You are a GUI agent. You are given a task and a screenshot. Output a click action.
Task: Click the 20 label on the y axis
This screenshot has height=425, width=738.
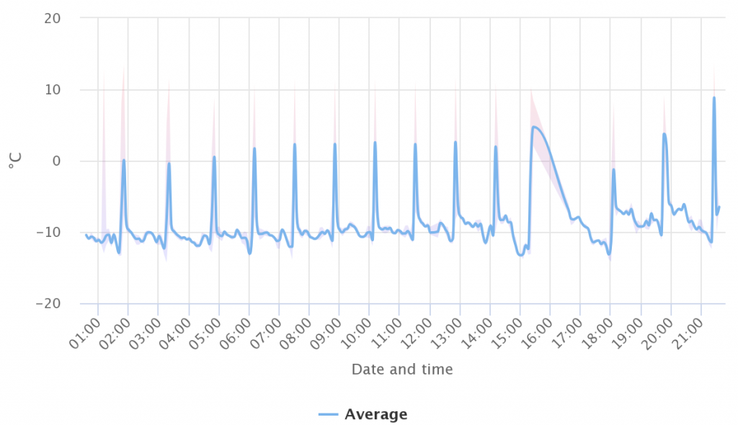[52, 19]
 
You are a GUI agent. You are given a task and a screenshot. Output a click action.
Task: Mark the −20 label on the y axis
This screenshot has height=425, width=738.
[48, 304]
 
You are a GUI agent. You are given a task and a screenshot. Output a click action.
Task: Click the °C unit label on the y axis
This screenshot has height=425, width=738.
[14, 161]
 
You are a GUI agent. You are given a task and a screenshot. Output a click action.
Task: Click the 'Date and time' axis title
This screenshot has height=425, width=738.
[402, 370]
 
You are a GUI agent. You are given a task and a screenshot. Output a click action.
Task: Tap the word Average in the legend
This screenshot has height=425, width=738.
[375, 414]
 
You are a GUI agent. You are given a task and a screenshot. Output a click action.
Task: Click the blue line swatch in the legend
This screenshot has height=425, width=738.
[328, 414]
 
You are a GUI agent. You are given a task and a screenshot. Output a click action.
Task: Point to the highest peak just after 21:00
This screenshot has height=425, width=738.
[714, 97]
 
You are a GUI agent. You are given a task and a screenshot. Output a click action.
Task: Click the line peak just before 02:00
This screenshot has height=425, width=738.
[124, 160]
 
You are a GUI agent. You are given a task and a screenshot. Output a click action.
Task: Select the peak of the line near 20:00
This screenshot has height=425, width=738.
[664, 133]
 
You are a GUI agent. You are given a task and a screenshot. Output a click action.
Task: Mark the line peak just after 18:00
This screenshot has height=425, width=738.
[613, 169]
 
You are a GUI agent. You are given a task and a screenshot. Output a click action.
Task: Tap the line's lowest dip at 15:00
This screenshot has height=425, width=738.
[520, 255]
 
